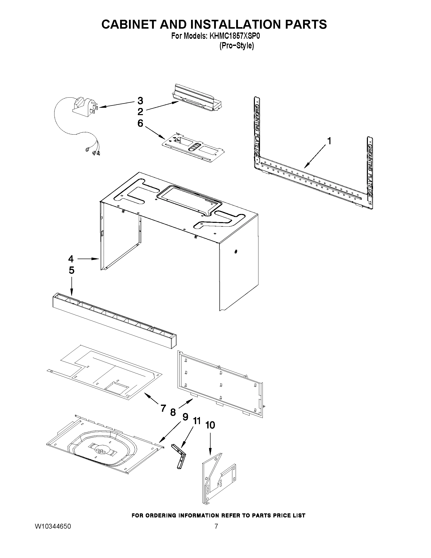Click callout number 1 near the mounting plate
pos(329,141)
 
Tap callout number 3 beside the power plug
pos(140,101)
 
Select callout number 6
pos(140,123)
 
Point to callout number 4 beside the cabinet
pos(71,259)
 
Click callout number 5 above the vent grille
pos(71,270)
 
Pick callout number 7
pos(163,408)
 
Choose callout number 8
pos(173,412)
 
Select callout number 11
pos(197,421)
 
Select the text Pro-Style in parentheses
pos(236,46)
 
